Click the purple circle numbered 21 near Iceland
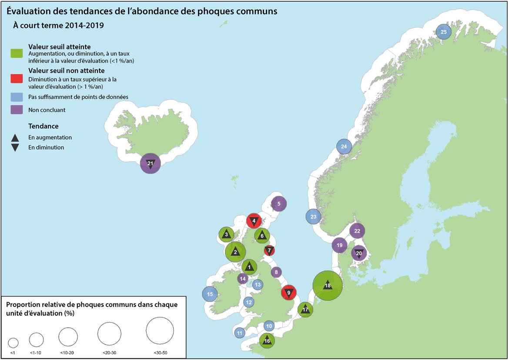click(x=150, y=164)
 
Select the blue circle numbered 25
click(x=443, y=32)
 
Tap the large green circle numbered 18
click(x=328, y=286)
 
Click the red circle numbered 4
click(x=254, y=221)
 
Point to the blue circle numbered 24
click(x=344, y=147)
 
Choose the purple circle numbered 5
click(x=278, y=203)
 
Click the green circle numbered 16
click(x=267, y=341)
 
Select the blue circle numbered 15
click(x=210, y=294)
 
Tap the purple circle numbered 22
click(x=357, y=231)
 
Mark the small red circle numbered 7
click(x=269, y=250)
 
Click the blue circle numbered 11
click(x=240, y=333)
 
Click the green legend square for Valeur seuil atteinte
click(x=16, y=54)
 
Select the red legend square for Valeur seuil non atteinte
click(x=16, y=78)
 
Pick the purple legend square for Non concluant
click(x=16, y=110)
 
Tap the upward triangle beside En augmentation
click(x=15, y=138)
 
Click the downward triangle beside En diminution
click(x=15, y=147)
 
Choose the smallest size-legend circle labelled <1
click(x=13, y=342)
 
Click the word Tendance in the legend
click(x=43, y=126)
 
